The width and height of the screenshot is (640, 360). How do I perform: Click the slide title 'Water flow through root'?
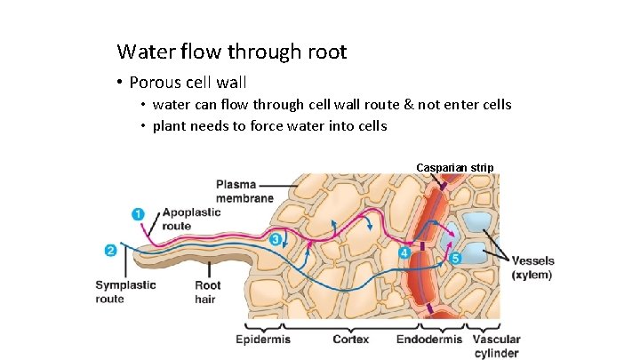(x=231, y=52)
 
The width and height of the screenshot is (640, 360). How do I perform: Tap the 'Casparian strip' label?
(x=455, y=167)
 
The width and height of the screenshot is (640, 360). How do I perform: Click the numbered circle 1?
(x=138, y=214)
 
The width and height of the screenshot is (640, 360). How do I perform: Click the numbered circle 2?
(x=110, y=251)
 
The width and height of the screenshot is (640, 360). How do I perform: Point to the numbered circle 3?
(x=276, y=239)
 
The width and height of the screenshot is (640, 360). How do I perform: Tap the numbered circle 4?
(x=404, y=253)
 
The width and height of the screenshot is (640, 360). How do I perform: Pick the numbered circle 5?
(x=455, y=259)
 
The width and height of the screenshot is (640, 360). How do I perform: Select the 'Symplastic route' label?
(x=125, y=292)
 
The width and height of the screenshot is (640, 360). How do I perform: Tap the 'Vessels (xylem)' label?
(x=533, y=268)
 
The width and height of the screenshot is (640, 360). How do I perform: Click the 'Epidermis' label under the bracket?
(x=263, y=340)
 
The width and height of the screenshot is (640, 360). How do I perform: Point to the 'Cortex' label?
(x=351, y=340)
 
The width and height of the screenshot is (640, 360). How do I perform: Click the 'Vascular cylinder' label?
(x=496, y=346)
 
